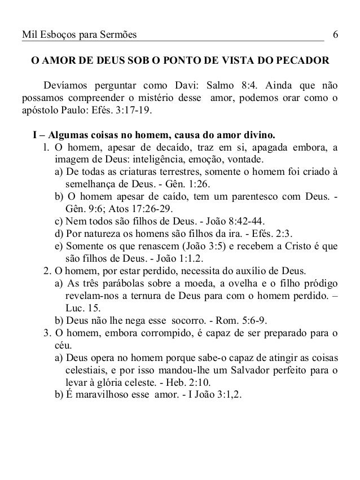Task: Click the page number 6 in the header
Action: point(335,36)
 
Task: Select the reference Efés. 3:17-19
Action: point(130,111)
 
